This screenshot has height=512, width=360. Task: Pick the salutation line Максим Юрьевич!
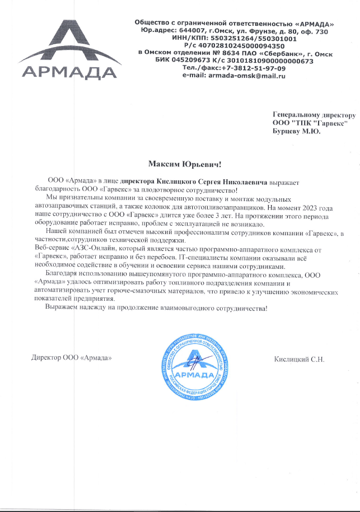(x=185, y=165)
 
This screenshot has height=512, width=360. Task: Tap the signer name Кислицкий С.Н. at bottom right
(x=300, y=358)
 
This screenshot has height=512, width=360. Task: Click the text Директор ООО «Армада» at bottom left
(x=68, y=358)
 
